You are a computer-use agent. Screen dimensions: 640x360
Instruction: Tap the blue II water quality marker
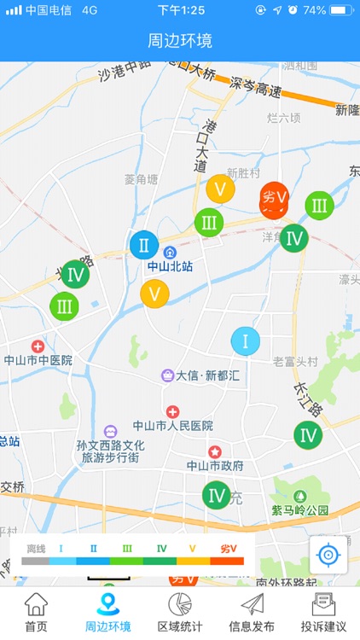(144, 246)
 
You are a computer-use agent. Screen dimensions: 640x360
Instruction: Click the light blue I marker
(246, 341)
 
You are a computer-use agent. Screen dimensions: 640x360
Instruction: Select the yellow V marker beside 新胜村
(220, 189)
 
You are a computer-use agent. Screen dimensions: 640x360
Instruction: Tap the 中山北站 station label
(170, 266)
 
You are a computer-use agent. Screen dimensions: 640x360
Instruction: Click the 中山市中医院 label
(38, 360)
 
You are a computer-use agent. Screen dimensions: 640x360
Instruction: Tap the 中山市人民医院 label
(172, 425)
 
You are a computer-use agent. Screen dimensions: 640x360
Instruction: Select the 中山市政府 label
(215, 466)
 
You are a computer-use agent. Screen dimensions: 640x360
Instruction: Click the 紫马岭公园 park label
(299, 509)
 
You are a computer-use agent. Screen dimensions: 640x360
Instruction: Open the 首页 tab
(36, 612)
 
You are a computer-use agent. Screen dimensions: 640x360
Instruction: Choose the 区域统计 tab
(180, 612)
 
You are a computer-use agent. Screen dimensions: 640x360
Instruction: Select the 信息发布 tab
(252, 612)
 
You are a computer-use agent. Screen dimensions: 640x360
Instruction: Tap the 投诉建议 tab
(323, 612)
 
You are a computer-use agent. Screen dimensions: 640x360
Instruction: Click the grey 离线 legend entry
(35, 556)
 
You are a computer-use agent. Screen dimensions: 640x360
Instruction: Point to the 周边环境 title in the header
(180, 41)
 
